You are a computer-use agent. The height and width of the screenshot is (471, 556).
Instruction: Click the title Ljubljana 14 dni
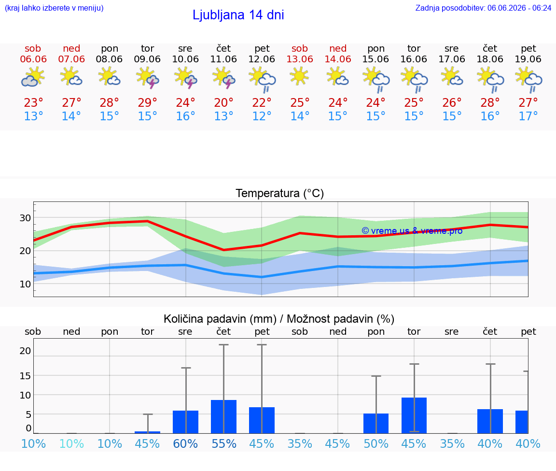point(238,15)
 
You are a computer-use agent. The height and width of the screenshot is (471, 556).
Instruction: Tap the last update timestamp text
point(483,8)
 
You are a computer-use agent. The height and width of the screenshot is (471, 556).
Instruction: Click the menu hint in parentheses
point(54,8)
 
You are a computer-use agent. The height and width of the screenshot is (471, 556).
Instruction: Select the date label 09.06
point(147,59)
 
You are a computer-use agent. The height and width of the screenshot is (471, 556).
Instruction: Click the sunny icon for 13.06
point(299,76)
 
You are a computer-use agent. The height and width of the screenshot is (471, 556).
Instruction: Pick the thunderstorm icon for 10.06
point(185,78)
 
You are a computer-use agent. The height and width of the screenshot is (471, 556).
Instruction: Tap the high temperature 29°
point(147,102)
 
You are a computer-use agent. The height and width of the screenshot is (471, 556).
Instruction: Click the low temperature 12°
point(262,116)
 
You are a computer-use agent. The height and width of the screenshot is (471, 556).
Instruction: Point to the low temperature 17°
point(528,116)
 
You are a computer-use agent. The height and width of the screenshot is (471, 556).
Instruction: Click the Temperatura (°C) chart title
point(280,193)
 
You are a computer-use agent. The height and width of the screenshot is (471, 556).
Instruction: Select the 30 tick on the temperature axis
point(25,217)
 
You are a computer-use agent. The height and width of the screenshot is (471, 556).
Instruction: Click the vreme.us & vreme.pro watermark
point(412,231)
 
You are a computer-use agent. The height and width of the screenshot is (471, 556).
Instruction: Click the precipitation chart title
point(279,319)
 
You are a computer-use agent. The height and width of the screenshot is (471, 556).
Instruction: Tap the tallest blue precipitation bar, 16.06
point(414,415)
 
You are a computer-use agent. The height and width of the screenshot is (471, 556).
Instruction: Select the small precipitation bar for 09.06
point(148,432)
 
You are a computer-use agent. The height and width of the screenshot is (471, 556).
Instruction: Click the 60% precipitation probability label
point(185,443)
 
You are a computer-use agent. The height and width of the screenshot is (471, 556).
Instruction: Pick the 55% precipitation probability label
point(224,443)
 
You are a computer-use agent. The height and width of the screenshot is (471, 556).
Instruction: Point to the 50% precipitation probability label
point(376,443)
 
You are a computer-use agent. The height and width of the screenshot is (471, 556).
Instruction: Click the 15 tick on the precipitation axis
point(25,375)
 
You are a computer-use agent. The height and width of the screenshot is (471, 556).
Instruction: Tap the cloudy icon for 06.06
point(33,78)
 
